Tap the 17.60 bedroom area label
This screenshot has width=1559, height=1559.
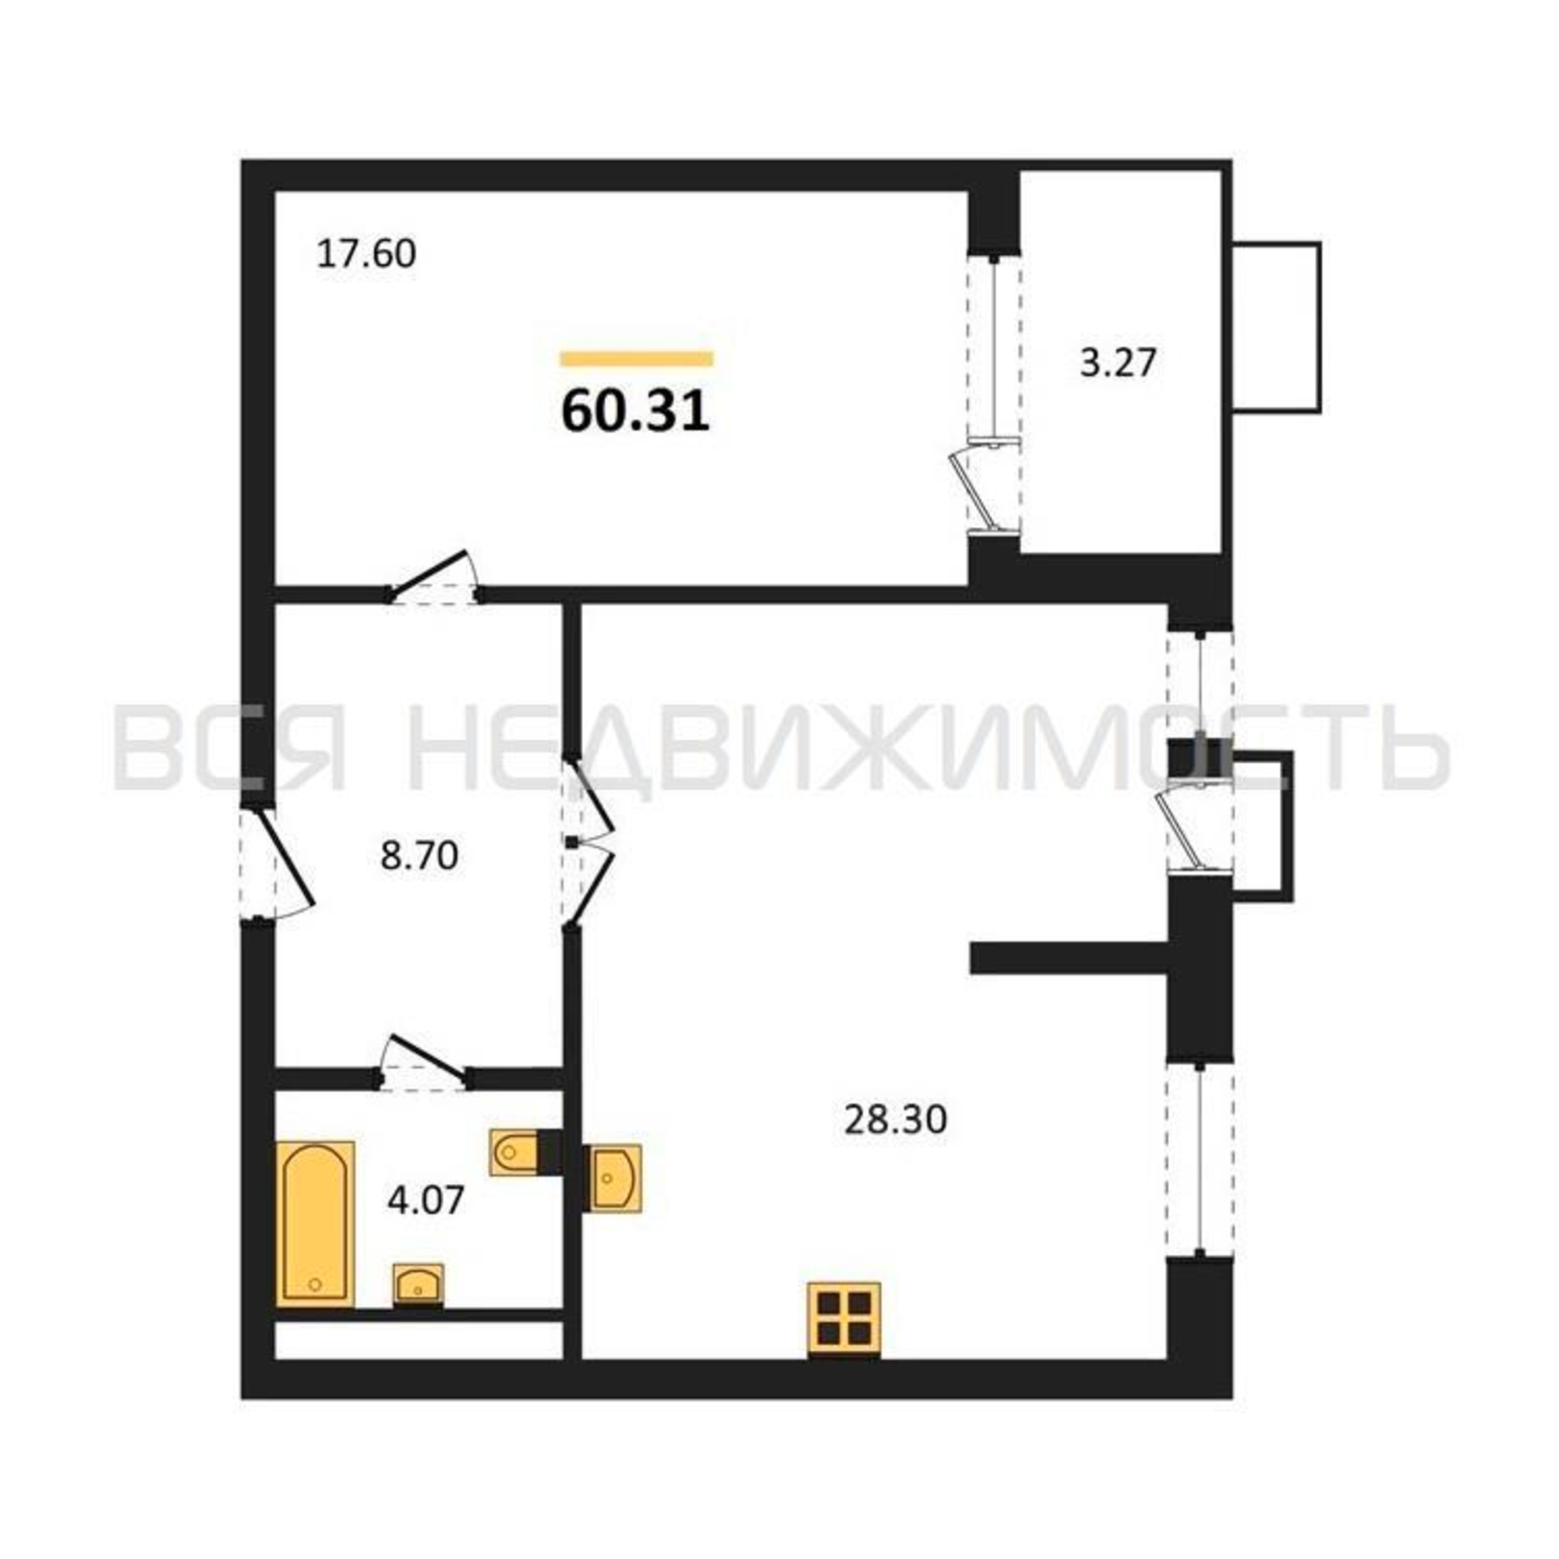tap(366, 254)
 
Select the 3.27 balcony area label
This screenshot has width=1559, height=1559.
tap(1119, 362)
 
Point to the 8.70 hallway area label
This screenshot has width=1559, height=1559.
tap(419, 855)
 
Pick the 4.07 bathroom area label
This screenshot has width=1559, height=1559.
tap(426, 1200)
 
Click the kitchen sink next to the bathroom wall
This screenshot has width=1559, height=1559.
tap(613, 1177)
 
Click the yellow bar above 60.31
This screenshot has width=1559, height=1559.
tap(638, 359)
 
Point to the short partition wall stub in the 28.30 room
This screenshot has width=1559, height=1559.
tap(1070, 959)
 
